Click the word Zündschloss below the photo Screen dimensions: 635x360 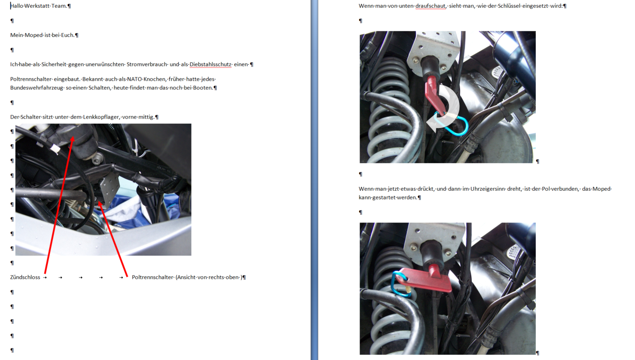click(x=25, y=277)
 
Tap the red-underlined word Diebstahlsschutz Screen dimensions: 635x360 click(x=211, y=64)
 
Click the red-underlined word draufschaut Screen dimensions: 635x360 click(x=430, y=6)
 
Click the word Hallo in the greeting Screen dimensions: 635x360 click(x=17, y=6)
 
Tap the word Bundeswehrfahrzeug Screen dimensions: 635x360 click(x=37, y=88)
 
